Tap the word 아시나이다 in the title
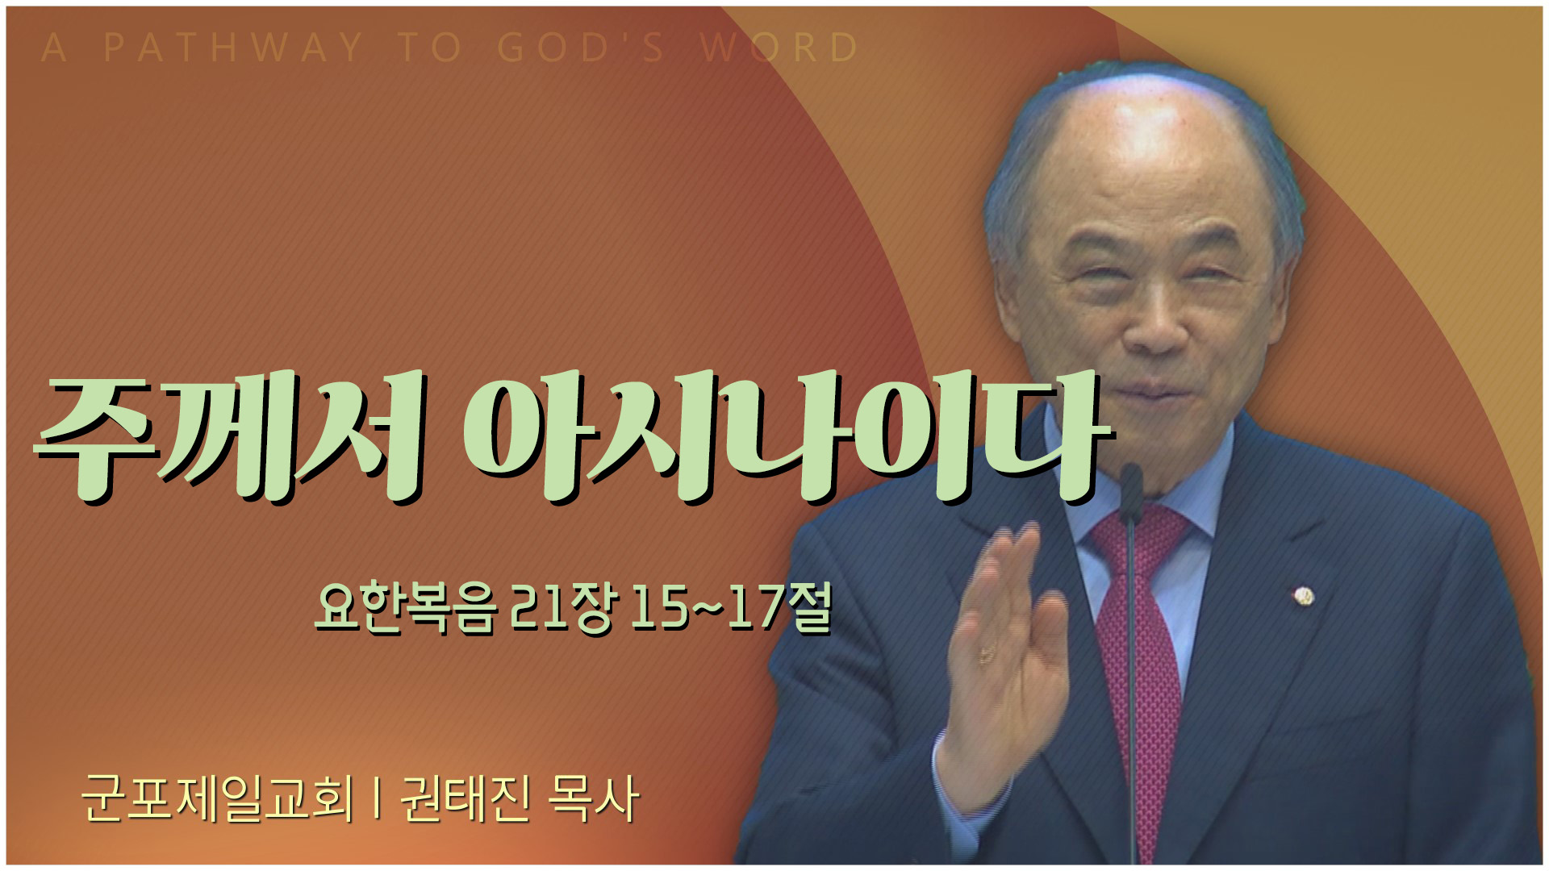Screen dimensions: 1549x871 (787, 436)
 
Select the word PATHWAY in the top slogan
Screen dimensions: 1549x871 (233, 48)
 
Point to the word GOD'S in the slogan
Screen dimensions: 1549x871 (581, 48)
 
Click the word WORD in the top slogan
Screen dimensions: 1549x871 (779, 48)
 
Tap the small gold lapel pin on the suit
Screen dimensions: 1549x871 (1304, 597)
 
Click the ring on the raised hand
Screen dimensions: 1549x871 (986, 654)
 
